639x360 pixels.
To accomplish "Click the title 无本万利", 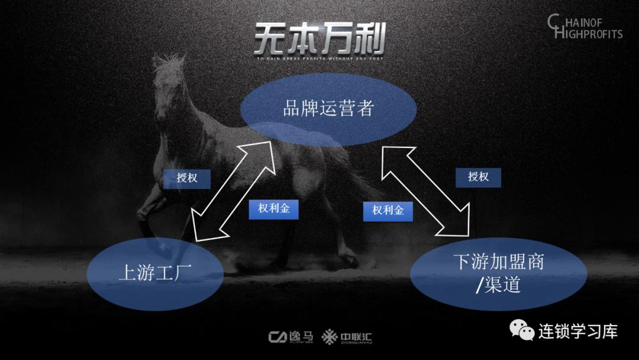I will (319, 39).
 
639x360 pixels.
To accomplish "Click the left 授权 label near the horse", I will (187, 178).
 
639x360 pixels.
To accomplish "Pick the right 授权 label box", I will (478, 177).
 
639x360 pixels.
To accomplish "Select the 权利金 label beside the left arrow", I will (273, 209).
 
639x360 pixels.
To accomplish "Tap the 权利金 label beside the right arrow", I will (388, 210).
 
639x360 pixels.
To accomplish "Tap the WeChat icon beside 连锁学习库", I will (522, 331).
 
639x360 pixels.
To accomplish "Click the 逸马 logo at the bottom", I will (291, 337).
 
